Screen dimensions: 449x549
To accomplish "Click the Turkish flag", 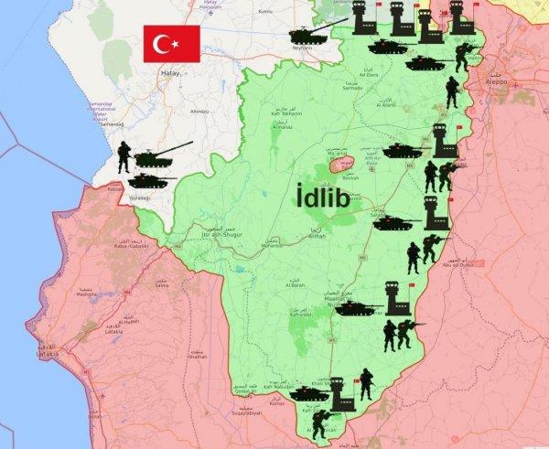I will (171, 44).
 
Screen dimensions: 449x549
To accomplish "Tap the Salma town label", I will (162, 283).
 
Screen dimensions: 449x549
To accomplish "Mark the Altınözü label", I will (199, 112).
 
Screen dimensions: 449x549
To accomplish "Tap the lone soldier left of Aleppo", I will (452, 91).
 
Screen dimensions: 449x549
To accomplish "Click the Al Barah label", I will (295, 283).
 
